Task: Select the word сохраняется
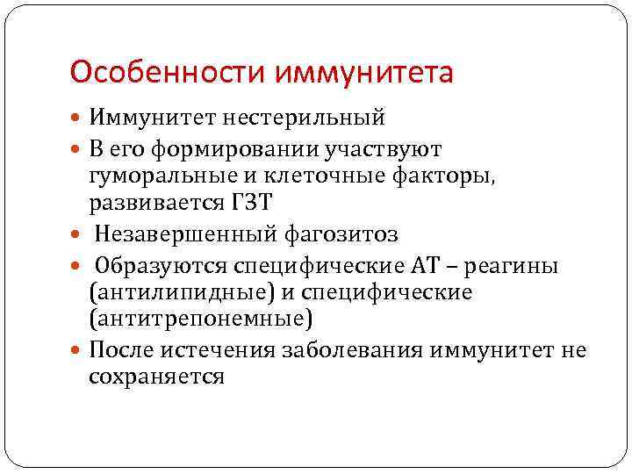tap(157, 377)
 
